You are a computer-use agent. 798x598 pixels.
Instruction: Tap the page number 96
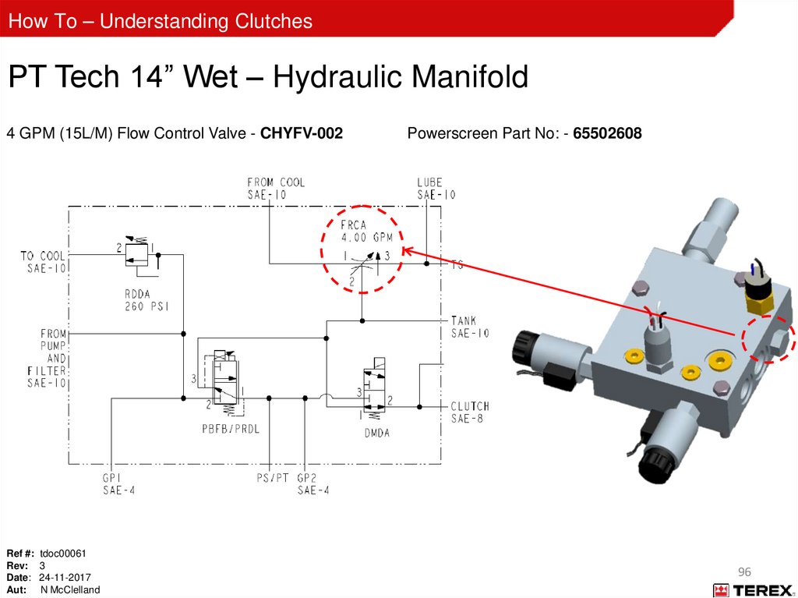(744, 572)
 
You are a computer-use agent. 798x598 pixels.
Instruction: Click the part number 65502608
(607, 133)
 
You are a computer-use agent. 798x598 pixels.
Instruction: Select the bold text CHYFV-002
(302, 133)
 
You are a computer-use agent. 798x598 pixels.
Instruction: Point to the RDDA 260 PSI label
(147, 300)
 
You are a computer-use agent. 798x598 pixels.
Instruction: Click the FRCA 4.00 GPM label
(366, 231)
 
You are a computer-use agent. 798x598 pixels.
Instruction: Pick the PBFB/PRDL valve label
(231, 429)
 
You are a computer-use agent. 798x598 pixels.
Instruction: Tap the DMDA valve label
(376, 433)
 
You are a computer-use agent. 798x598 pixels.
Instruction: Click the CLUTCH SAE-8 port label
(470, 412)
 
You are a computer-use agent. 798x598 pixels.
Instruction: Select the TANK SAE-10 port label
(470, 327)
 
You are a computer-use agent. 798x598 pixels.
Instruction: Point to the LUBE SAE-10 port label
(436, 189)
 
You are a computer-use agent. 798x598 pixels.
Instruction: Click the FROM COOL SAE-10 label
(276, 189)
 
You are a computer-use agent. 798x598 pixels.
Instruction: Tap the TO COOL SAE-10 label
(44, 262)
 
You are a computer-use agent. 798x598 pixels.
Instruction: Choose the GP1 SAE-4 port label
(118, 484)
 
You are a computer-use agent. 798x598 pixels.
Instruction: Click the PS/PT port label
(272, 478)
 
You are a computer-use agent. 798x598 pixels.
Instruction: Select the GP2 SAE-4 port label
(313, 484)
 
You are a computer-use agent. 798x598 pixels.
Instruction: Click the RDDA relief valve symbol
(137, 253)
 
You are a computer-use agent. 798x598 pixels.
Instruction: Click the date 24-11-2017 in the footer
(65, 578)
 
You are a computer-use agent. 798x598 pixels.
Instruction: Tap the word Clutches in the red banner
(274, 21)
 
